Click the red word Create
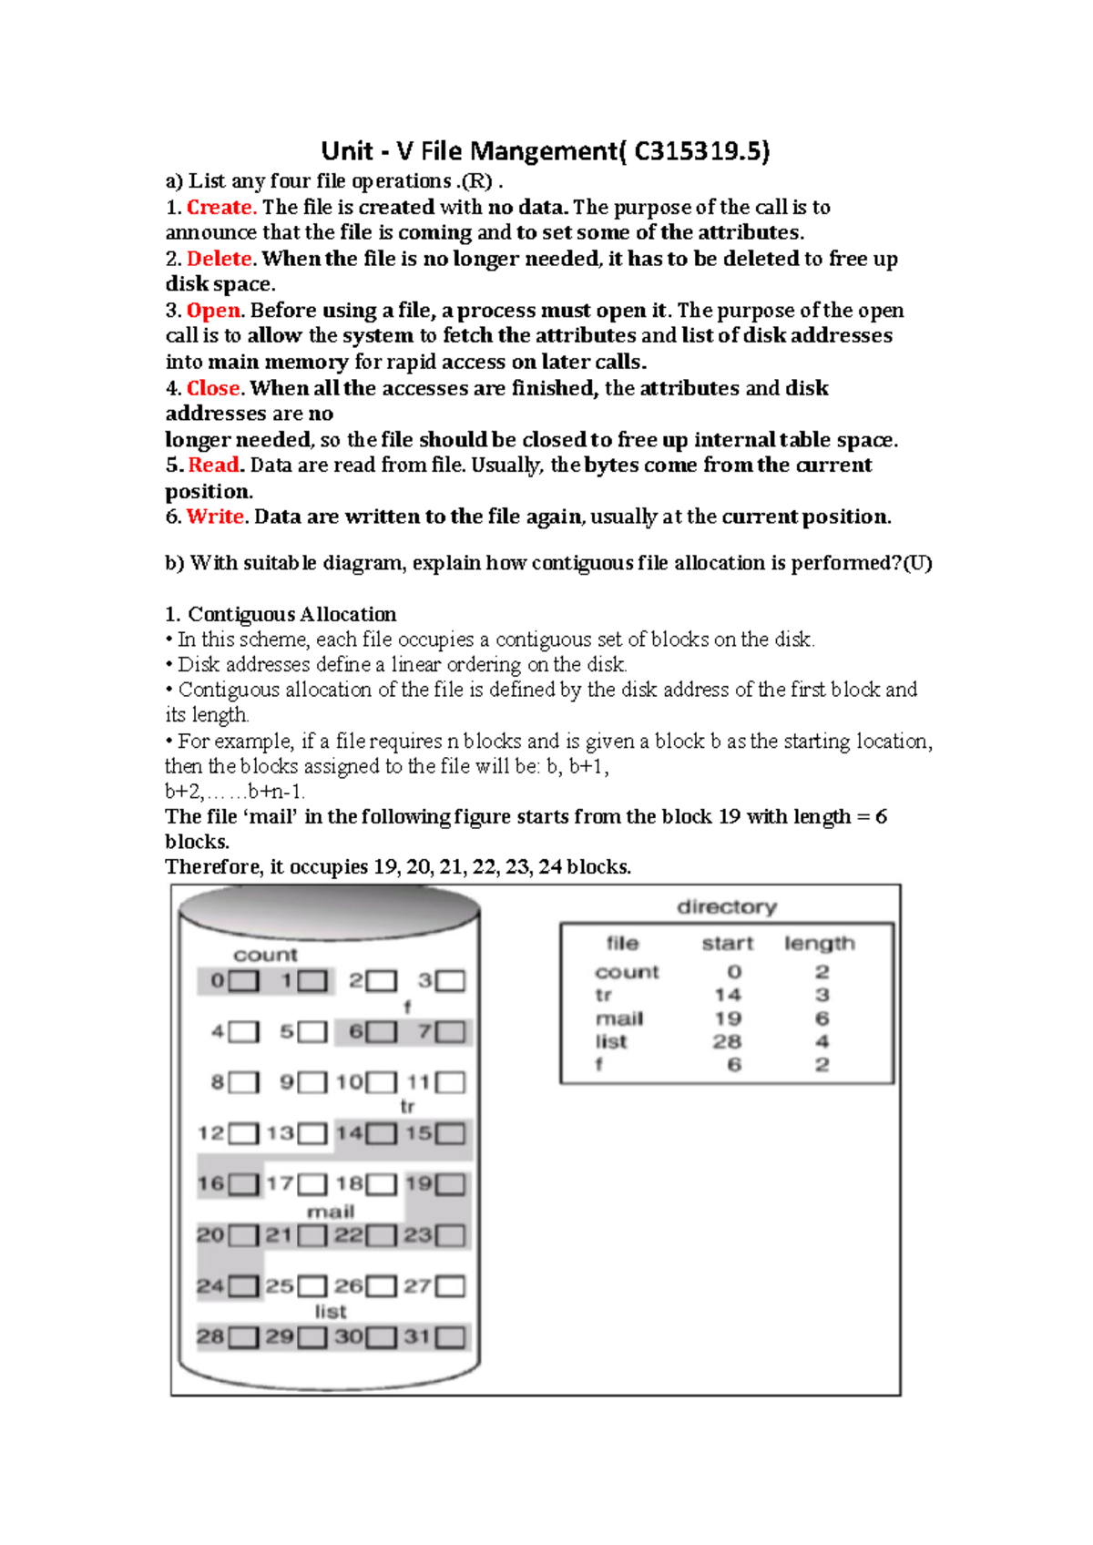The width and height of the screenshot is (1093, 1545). [221, 208]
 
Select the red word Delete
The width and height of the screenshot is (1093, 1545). [221, 259]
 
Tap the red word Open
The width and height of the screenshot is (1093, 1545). [214, 311]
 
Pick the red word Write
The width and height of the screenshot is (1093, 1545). [216, 517]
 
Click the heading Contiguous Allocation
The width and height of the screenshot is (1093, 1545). [291, 614]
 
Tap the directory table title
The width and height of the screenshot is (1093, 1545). [727, 906]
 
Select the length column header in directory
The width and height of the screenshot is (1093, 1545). [820, 944]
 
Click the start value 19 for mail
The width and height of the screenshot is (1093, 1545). [728, 1018]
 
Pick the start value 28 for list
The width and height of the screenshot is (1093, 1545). [727, 1041]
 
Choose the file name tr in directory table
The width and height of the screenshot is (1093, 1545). [603, 995]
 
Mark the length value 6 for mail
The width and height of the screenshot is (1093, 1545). [822, 1018]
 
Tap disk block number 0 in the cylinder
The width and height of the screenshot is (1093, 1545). [217, 981]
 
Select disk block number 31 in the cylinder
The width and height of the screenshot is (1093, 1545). [418, 1337]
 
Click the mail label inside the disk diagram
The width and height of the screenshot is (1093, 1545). [330, 1212]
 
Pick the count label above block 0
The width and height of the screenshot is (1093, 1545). [265, 955]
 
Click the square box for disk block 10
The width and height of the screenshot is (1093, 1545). [382, 1083]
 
